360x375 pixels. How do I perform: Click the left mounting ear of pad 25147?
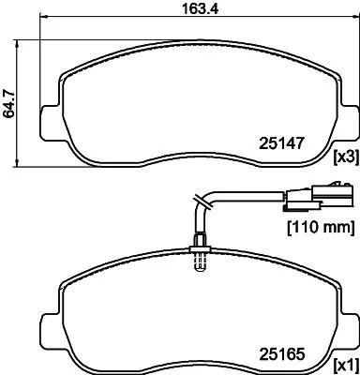[x=50, y=123]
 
